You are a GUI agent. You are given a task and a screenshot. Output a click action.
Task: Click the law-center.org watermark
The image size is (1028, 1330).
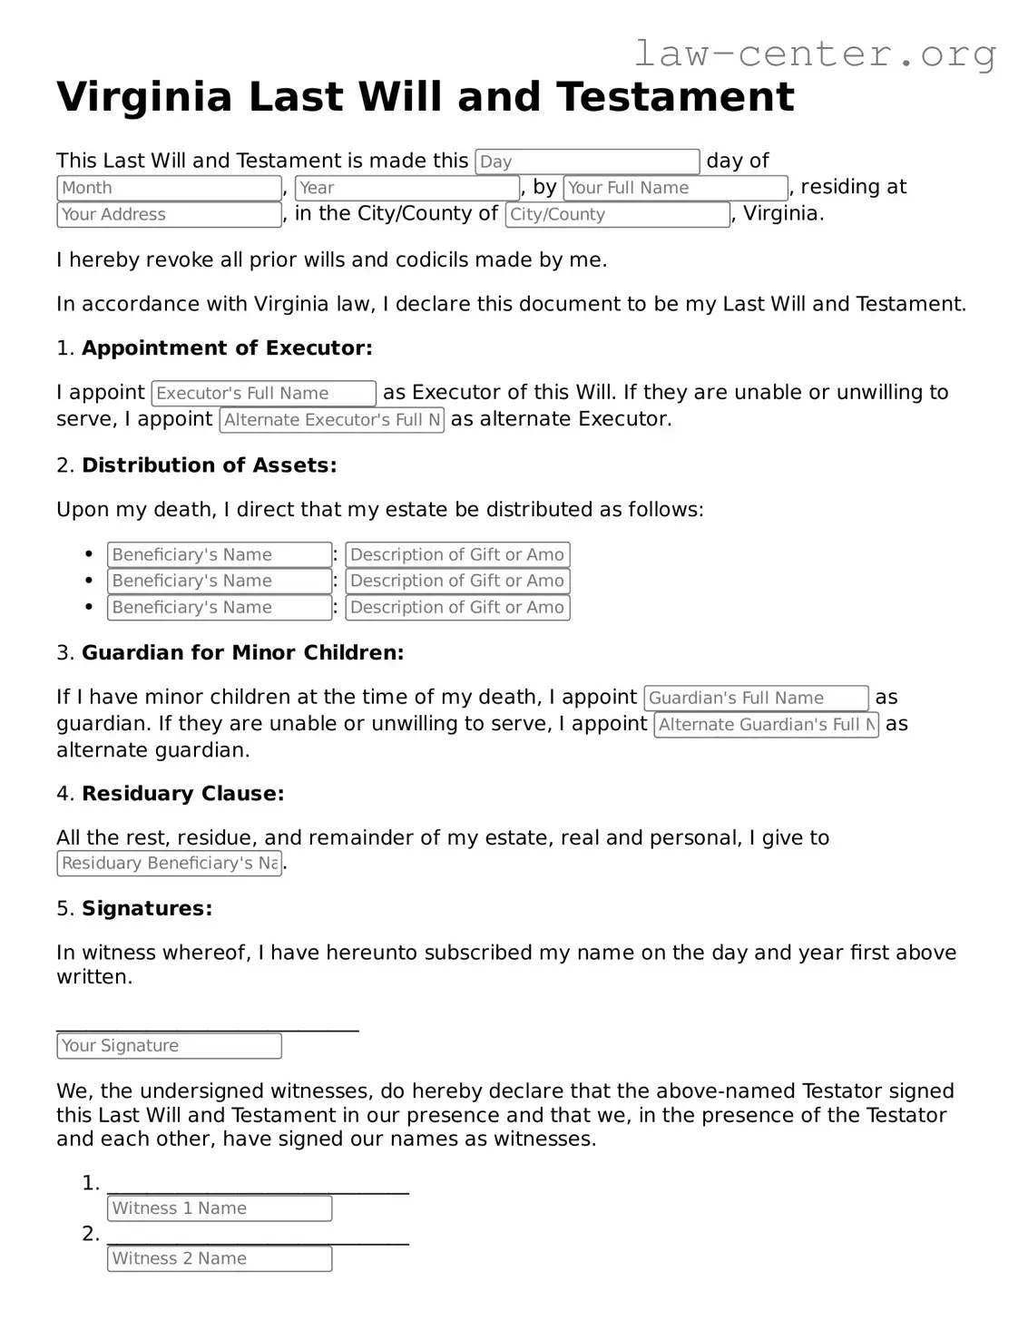coord(814,54)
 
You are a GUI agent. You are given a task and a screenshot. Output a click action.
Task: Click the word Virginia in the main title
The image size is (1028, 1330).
coord(144,97)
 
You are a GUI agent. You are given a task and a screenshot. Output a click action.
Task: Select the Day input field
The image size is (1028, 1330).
coord(587,161)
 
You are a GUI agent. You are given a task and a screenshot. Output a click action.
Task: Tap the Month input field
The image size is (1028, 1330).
coord(169,188)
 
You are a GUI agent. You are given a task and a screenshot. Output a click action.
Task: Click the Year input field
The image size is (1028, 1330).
coord(407,188)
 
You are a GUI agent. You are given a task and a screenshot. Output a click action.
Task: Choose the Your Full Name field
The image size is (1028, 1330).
coord(675,188)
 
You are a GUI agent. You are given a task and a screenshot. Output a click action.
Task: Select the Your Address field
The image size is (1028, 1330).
coord(169,215)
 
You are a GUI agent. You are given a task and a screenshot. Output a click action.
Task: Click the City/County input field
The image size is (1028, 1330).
coord(617,215)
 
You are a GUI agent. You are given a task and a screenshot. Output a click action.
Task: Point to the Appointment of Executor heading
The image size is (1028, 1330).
coord(227,348)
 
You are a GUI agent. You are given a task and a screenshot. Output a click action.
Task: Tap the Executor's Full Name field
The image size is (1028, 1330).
coord(263,394)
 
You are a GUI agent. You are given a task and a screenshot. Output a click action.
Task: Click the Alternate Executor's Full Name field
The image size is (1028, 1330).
coord(332,420)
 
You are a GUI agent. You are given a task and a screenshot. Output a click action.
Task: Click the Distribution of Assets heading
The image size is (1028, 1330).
coord(209,465)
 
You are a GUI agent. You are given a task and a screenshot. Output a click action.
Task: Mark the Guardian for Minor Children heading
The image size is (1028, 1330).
coord(242,652)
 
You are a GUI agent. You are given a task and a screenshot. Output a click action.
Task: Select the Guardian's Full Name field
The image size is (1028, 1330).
coord(756,699)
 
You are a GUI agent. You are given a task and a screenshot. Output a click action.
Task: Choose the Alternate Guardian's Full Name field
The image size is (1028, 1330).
coord(766,725)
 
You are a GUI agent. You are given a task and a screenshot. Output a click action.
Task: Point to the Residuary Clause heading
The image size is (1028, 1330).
coord(182,794)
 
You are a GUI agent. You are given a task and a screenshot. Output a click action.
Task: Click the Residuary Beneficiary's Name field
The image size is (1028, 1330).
coord(169,864)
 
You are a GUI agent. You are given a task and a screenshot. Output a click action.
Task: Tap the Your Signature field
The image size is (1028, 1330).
coord(169,1046)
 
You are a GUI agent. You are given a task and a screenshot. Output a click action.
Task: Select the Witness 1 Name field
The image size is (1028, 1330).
coord(220,1208)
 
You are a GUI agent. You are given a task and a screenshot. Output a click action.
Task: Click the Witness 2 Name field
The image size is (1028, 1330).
coord(220,1259)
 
